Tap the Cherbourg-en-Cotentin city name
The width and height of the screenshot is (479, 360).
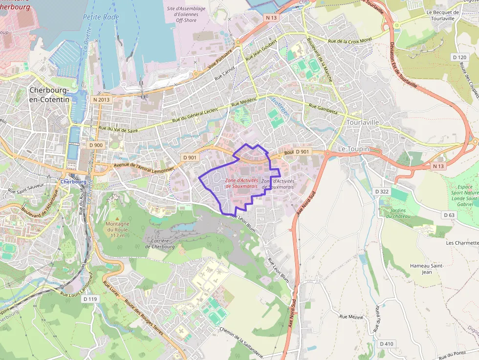point(49,95)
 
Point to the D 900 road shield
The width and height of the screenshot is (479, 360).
point(96,145)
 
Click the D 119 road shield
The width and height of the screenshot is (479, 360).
point(90,298)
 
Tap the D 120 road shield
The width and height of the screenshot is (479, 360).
point(459,57)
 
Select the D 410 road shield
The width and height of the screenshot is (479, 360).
point(386,344)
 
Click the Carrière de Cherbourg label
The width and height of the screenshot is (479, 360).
point(160,243)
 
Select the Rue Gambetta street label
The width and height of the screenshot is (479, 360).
point(324,108)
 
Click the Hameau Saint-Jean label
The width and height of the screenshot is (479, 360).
point(427,268)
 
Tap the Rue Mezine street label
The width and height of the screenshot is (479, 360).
point(351,317)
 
